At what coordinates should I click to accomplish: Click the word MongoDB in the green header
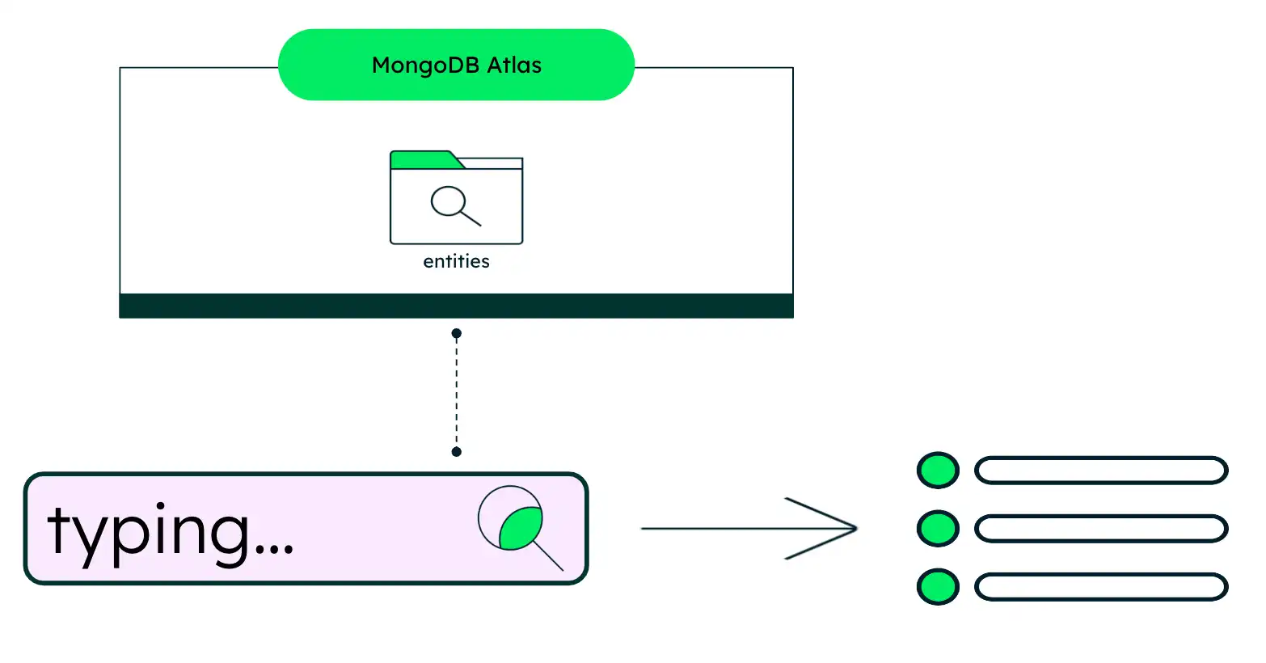[425, 65]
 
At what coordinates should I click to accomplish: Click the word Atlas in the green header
[514, 65]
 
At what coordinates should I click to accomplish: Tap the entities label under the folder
[456, 261]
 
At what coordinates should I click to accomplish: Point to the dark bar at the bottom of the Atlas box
[456, 306]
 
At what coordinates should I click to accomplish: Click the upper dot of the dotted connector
[456, 333]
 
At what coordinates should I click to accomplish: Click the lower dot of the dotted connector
[456, 451]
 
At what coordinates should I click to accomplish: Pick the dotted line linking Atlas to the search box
[456, 392]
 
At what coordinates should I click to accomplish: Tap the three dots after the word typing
[274, 548]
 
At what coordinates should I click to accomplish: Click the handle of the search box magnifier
[548, 555]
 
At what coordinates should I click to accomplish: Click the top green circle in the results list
[938, 470]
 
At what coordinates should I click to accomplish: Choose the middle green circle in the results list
[938, 529]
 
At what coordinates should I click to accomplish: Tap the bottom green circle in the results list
[938, 587]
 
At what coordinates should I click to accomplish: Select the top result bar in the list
[1101, 471]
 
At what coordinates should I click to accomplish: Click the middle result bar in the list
[1101, 529]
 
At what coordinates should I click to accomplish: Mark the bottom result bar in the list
[1101, 587]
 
